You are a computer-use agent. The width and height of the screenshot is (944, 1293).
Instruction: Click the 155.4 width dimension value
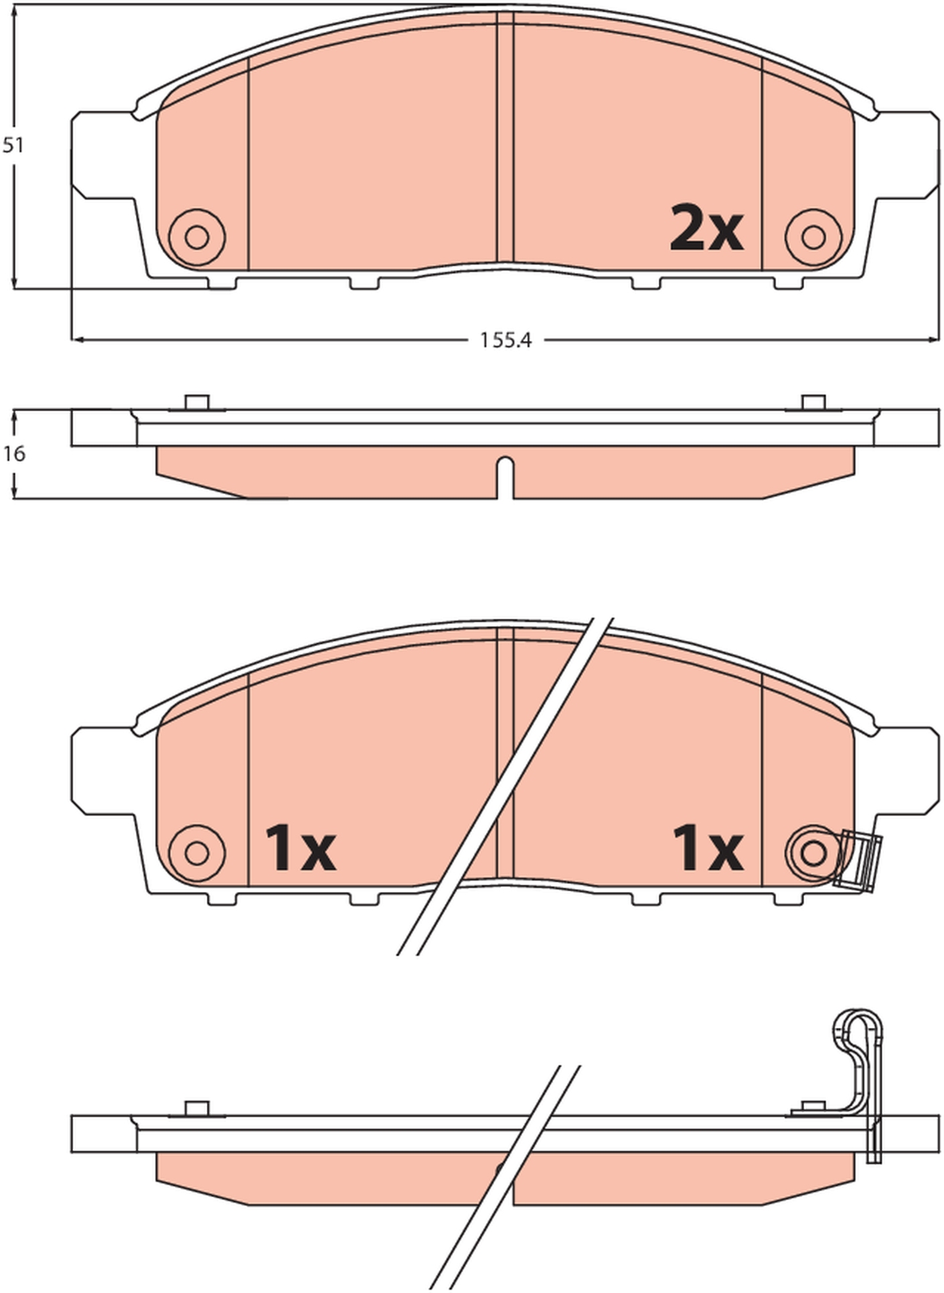coord(505,341)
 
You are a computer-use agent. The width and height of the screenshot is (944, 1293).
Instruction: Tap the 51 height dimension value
coord(13,145)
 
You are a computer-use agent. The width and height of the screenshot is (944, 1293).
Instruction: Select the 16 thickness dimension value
coord(14,454)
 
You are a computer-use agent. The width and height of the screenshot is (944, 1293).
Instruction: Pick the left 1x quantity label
coord(301,848)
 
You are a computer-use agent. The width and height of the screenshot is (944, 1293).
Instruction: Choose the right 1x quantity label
coord(708,848)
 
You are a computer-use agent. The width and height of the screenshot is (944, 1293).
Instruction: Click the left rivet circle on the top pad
coord(197,237)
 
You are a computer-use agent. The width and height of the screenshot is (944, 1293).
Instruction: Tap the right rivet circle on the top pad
coord(813,237)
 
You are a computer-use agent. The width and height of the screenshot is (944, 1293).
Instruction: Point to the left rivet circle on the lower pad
coord(197,853)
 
